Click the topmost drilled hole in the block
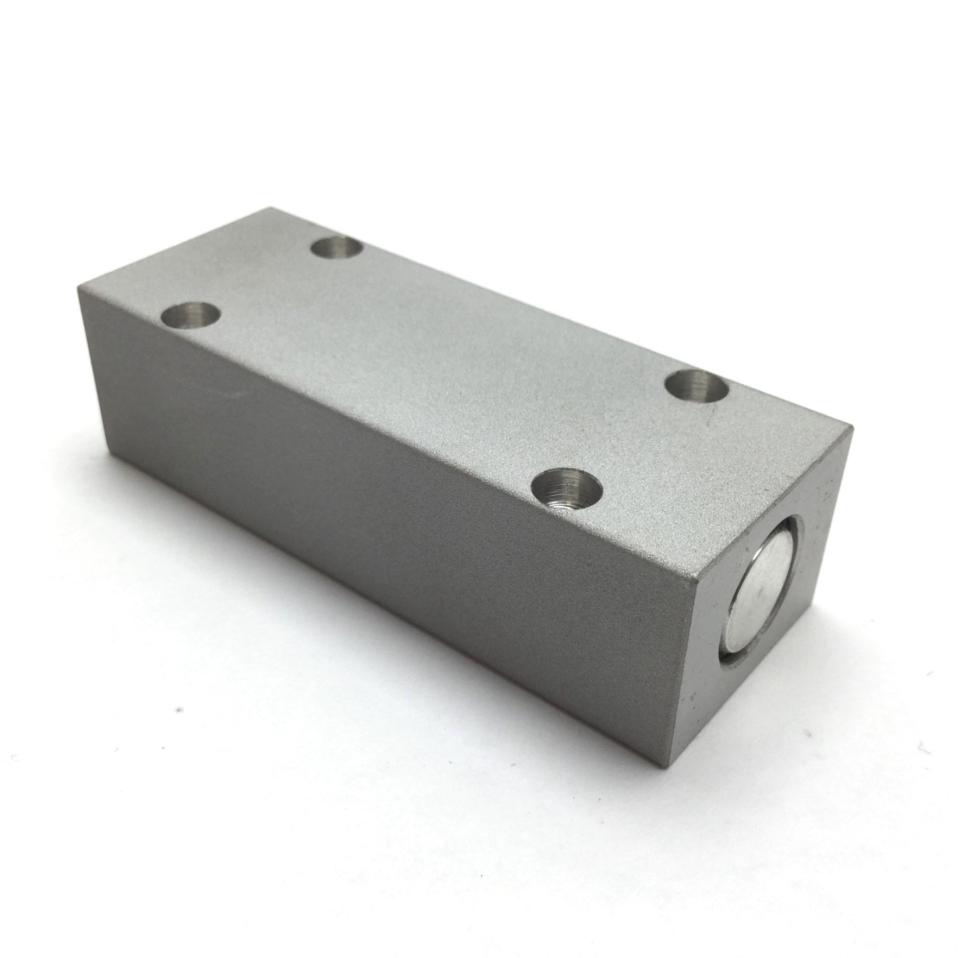[337, 250]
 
